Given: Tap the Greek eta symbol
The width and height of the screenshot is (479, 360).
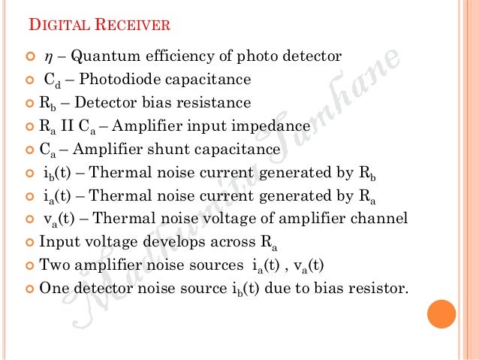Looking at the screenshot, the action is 47,56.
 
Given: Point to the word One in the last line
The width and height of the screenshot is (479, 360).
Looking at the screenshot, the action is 53,288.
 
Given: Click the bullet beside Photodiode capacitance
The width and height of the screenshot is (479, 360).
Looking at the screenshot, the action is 31,79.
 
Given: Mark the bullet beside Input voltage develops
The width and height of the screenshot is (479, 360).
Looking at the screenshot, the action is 31,242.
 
